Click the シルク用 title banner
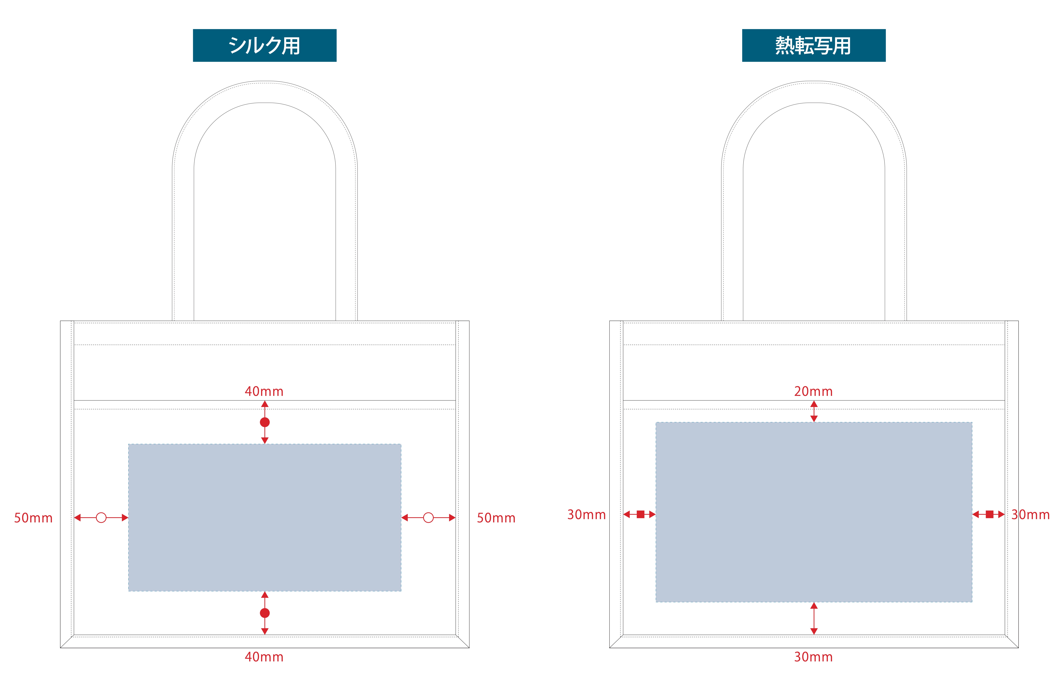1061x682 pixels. point(264,45)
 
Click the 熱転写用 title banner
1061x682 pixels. point(813,45)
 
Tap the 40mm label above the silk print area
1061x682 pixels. point(264,392)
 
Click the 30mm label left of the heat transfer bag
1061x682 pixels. point(586,515)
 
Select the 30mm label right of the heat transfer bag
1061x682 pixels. point(1030,515)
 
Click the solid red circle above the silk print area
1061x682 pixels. point(264,422)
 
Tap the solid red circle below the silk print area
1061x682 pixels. point(264,613)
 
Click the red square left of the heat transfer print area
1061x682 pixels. point(640,514)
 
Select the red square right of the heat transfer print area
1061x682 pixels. point(989,514)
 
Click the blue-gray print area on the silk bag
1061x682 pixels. point(264,517)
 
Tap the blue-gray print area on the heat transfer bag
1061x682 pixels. point(813,512)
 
